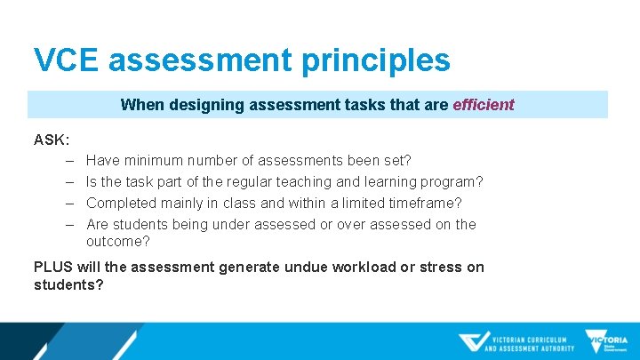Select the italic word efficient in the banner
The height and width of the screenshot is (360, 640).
point(484,104)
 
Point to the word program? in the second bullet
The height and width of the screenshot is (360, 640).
point(452,182)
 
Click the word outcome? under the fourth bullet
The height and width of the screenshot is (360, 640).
point(118,241)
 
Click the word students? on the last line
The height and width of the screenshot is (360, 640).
point(68,284)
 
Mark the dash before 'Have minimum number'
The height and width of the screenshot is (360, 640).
point(69,161)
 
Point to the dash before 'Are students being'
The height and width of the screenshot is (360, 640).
point(69,225)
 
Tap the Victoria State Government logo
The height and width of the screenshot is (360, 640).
point(606,341)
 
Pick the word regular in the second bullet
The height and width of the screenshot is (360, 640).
point(263,182)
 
